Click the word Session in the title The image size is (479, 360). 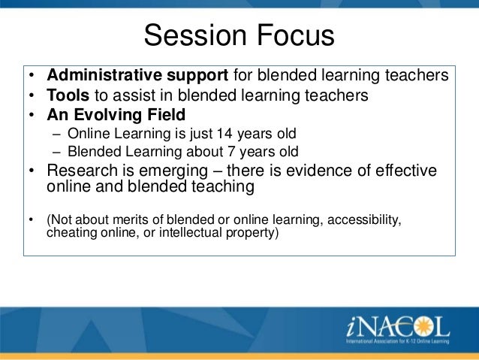pyautogui.click(x=195, y=35)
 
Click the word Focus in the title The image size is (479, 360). pyautogui.click(x=296, y=35)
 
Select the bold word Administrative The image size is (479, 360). pyautogui.click(x=104, y=75)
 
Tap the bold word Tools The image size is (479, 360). pyautogui.click(x=68, y=95)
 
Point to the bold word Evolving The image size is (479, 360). pyautogui.click(x=108, y=115)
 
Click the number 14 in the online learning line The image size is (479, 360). pyautogui.click(x=224, y=134)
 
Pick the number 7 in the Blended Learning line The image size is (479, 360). pyautogui.click(x=231, y=152)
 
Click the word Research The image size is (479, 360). pyautogui.click(x=82, y=171)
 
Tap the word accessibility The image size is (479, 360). pyautogui.click(x=364, y=220)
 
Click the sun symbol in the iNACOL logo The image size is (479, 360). pyautogui.click(x=423, y=326)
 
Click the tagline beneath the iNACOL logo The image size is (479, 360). pyautogui.click(x=397, y=341)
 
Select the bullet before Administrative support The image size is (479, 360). pyautogui.click(x=32, y=75)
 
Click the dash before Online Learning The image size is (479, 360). pyautogui.click(x=57, y=135)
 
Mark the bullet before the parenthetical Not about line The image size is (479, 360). pyautogui.click(x=31, y=219)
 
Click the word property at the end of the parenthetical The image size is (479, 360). pyautogui.click(x=252, y=233)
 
